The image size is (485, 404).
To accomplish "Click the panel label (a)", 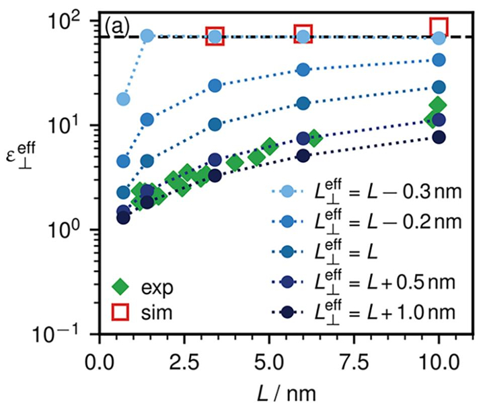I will [118, 28].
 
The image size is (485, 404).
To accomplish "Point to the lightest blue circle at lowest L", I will [123, 99].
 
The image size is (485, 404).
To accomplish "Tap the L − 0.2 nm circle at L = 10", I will [439, 60].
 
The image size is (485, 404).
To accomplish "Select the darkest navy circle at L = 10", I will [439, 137].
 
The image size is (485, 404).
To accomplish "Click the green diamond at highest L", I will [439, 105].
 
